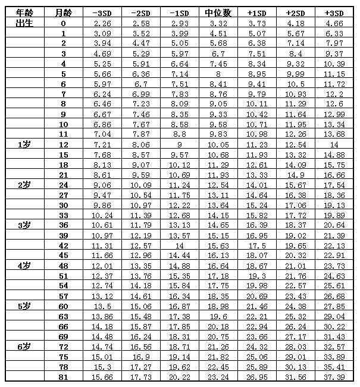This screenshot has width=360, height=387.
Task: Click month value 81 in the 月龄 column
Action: click(63, 377)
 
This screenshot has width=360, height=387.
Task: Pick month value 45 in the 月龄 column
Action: click(63, 255)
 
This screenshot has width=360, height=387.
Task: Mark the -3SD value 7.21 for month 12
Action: click(102, 144)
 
